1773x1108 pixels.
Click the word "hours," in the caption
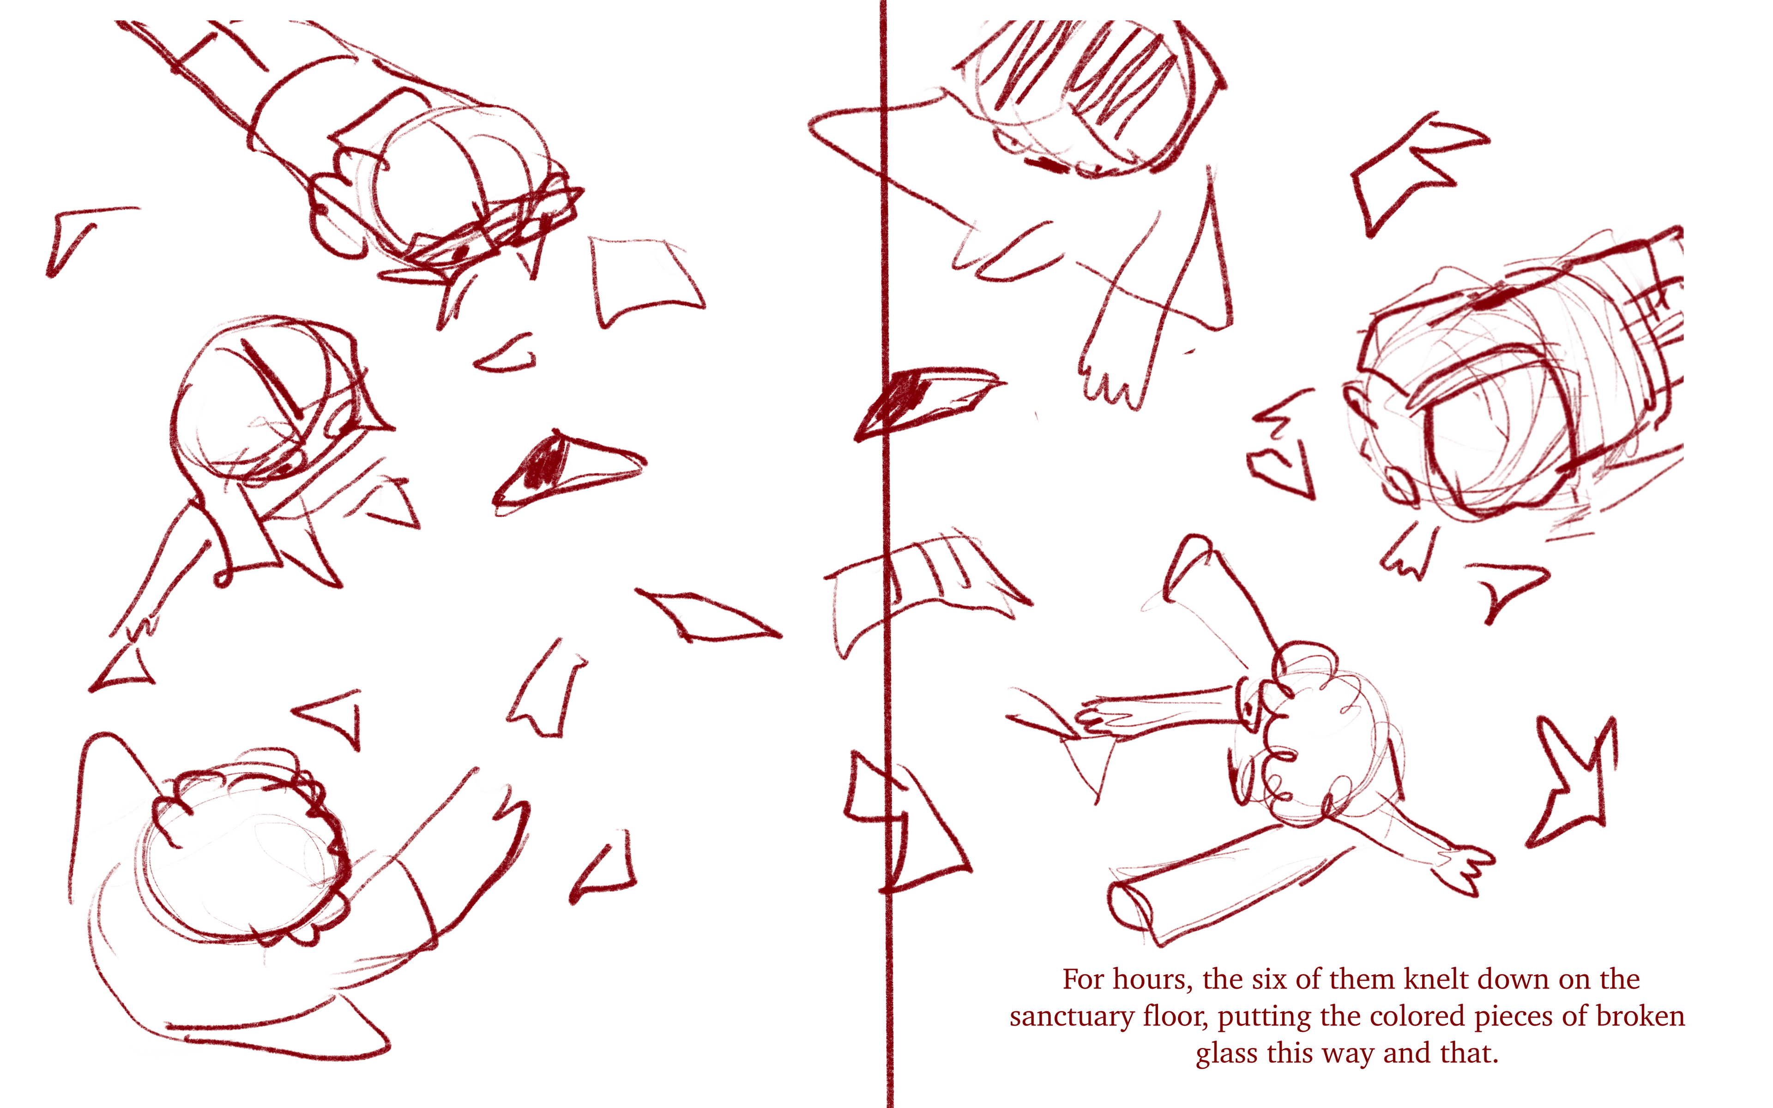tap(1141, 980)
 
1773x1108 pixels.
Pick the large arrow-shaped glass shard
tap(1575, 784)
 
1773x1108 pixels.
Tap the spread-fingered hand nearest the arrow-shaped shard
tap(1462, 868)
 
